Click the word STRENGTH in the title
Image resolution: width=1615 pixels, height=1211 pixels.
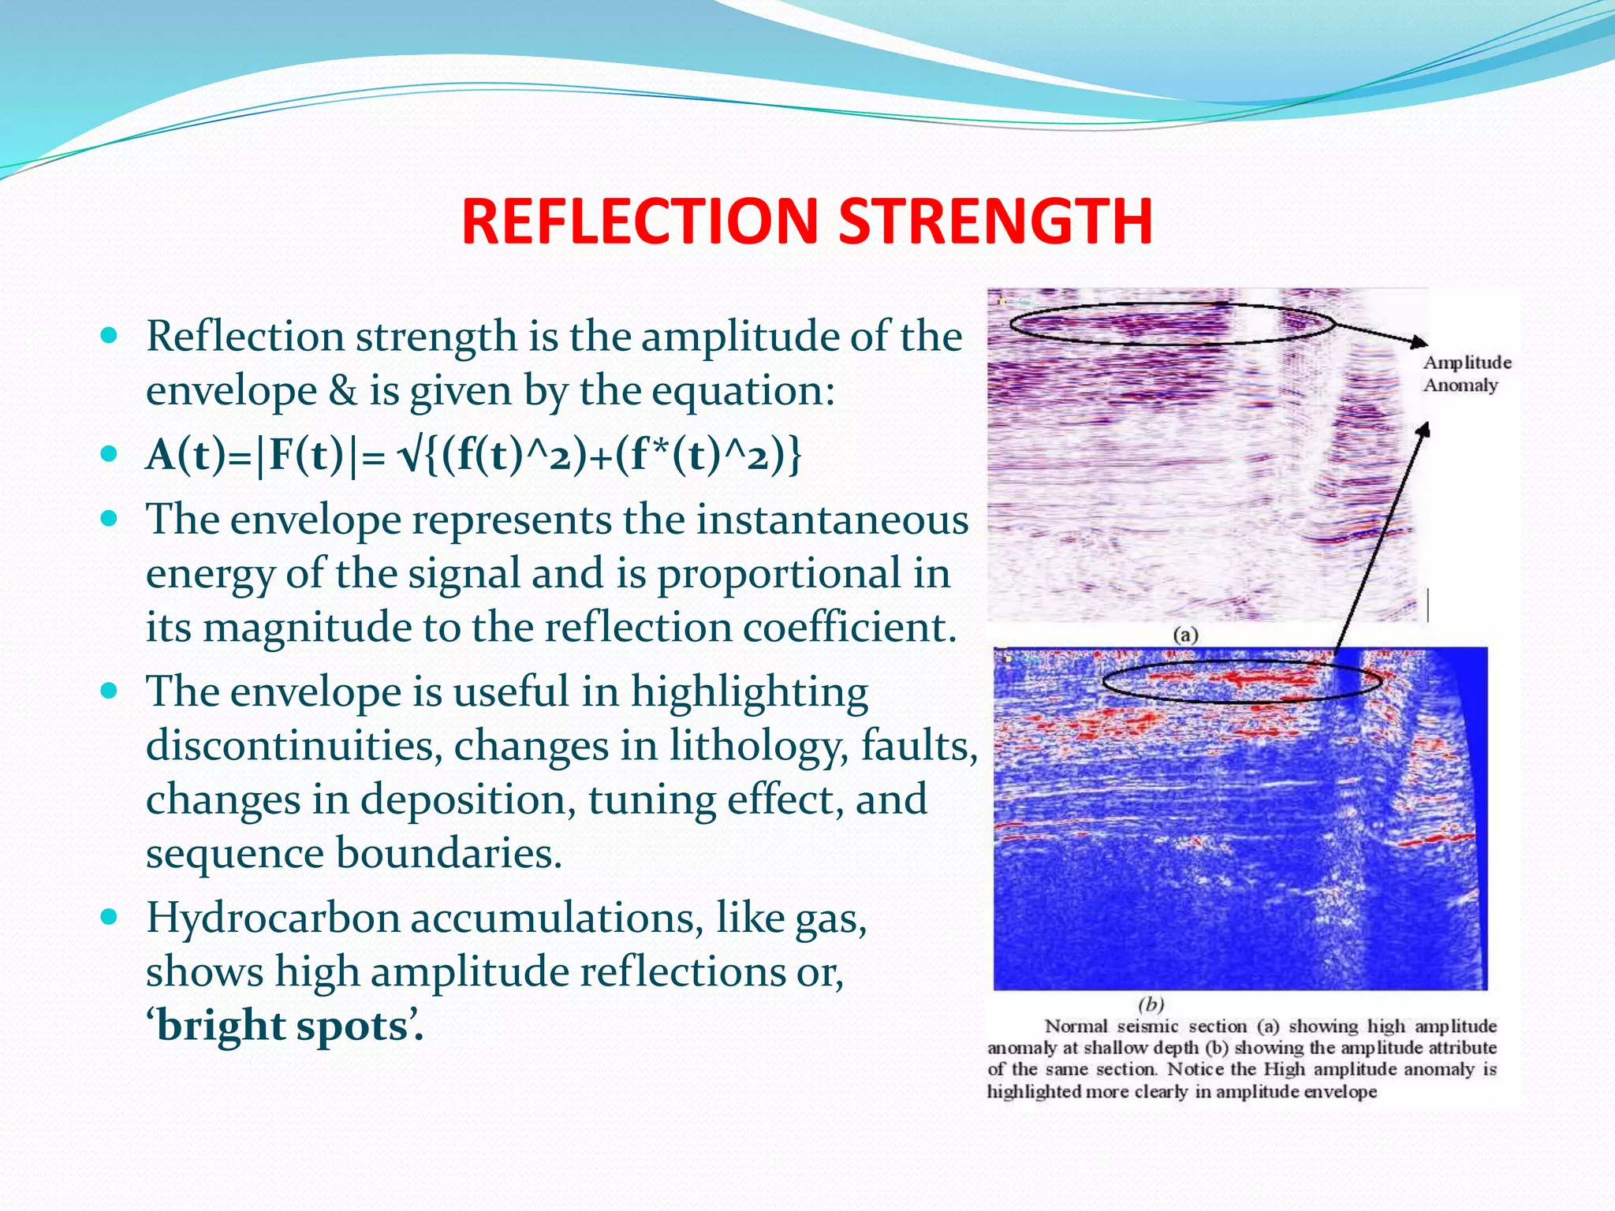click(x=995, y=222)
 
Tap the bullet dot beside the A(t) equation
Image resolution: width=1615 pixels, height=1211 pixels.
click(x=110, y=454)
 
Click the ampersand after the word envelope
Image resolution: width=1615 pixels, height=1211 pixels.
click(x=342, y=391)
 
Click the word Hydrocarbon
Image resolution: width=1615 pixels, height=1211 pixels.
click(x=273, y=918)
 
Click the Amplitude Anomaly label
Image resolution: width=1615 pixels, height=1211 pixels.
click(x=1466, y=374)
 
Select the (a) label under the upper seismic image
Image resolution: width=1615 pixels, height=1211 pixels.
click(x=1184, y=635)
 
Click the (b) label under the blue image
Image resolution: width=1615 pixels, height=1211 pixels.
click(x=1151, y=1004)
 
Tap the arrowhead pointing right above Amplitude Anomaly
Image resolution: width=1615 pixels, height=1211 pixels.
click(x=1419, y=342)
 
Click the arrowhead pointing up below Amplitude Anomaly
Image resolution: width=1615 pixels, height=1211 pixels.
click(x=1423, y=430)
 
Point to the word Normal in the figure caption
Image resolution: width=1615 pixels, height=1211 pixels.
click(x=1076, y=1027)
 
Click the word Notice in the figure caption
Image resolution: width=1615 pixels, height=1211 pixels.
click(x=1195, y=1070)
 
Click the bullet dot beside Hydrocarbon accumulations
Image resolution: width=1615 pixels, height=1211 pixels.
click(x=110, y=917)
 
